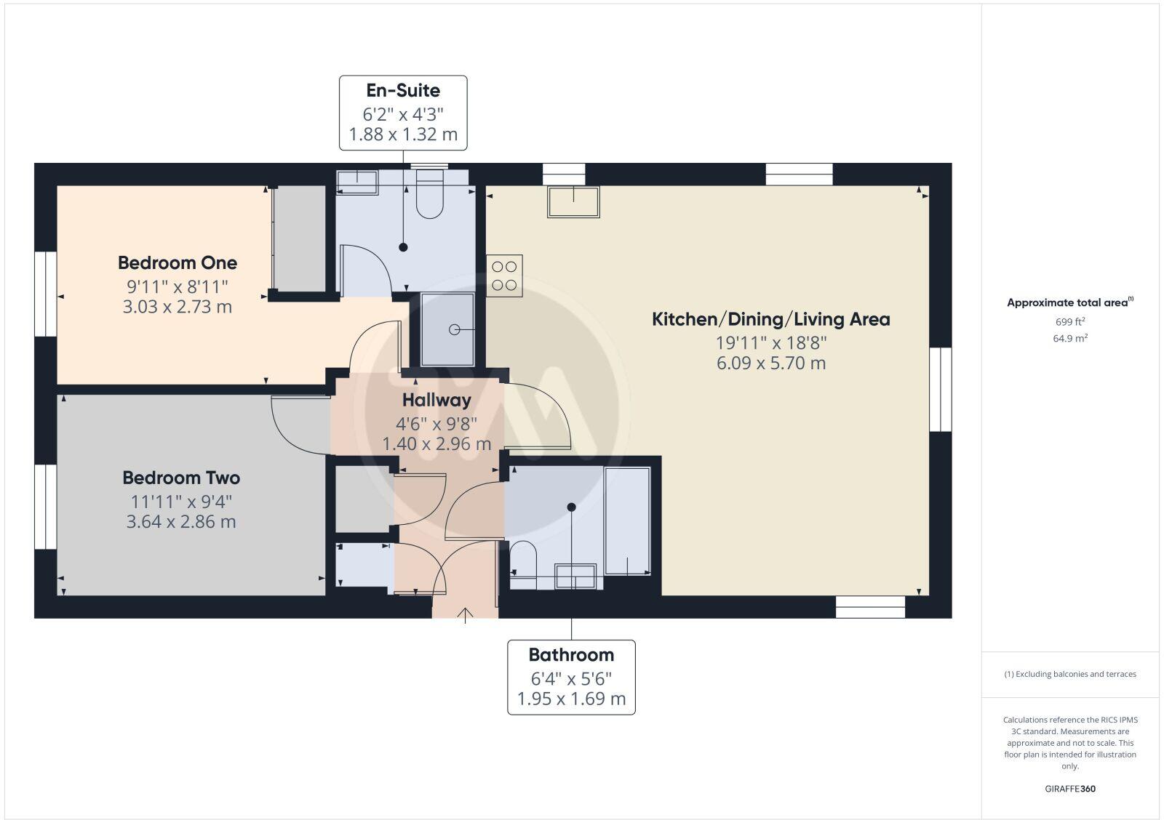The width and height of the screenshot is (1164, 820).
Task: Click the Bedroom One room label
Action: click(x=178, y=262)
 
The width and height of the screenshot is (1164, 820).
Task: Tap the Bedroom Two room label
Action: click(x=181, y=478)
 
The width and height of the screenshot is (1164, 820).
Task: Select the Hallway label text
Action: click(x=436, y=400)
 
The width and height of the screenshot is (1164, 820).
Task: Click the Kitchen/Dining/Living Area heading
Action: click(x=770, y=319)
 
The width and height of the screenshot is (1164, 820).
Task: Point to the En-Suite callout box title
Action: click(x=403, y=91)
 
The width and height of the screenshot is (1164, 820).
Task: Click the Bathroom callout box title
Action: click(x=571, y=655)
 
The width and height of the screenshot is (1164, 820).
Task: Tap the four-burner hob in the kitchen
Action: click(x=504, y=276)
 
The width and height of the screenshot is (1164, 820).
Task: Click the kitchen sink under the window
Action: click(x=573, y=202)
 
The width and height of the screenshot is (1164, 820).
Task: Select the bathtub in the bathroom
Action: click(x=627, y=520)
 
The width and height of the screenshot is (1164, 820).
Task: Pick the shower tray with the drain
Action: click(x=448, y=329)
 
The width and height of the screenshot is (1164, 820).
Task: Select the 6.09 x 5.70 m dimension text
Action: click(x=771, y=363)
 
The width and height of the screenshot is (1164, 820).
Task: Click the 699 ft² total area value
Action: click(x=1069, y=321)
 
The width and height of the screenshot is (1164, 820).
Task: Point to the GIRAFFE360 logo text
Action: click(x=1070, y=789)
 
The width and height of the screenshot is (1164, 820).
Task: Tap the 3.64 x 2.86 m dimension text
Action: click(x=181, y=522)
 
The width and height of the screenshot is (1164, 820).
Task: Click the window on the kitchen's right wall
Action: click(x=941, y=389)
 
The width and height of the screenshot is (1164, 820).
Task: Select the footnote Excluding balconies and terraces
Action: click(x=1070, y=674)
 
